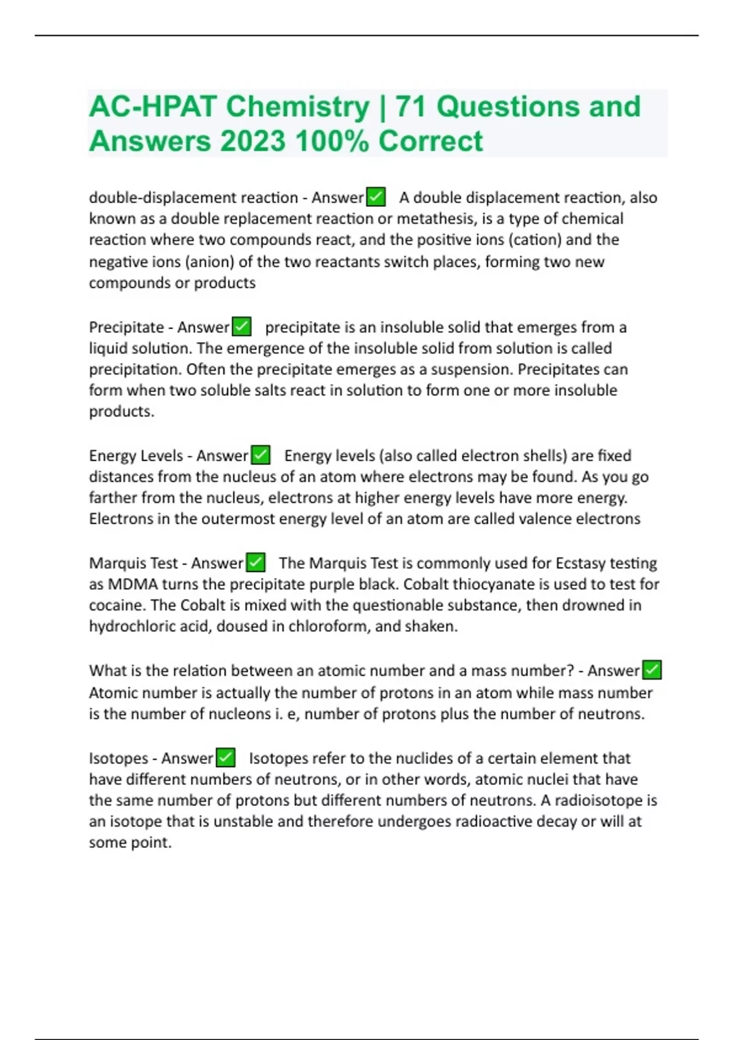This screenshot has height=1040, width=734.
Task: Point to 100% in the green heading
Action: pyautogui.click(x=332, y=141)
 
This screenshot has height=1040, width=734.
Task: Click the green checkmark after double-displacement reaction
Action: pyautogui.click(x=376, y=197)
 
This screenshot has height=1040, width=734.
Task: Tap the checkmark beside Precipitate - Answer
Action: pyautogui.click(x=242, y=327)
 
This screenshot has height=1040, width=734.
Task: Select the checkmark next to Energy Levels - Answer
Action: pyautogui.click(x=261, y=455)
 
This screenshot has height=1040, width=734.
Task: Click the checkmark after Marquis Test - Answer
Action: pyautogui.click(x=255, y=562)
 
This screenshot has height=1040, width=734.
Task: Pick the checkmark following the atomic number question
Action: pyautogui.click(x=652, y=670)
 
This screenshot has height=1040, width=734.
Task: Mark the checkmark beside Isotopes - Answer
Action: pyautogui.click(x=226, y=758)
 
